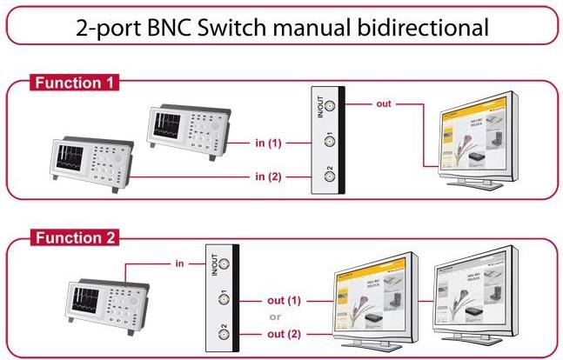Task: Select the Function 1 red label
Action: (x=76, y=83)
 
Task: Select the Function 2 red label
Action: (x=76, y=237)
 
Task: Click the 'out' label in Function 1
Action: (x=384, y=103)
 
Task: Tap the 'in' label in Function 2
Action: (x=179, y=262)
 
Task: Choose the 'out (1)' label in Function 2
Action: (x=284, y=301)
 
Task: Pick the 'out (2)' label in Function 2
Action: (x=284, y=335)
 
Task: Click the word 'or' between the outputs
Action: (x=275, y=317)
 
